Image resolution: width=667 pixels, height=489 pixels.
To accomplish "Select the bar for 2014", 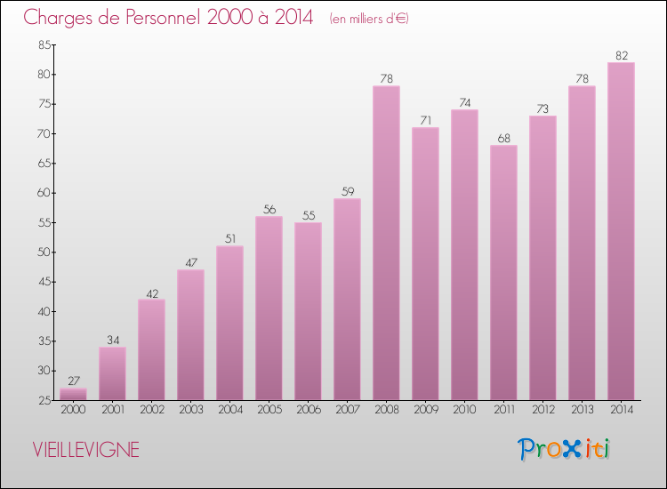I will (x=621, y=231).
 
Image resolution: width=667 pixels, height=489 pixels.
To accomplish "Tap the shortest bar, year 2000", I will (x=73, y=394).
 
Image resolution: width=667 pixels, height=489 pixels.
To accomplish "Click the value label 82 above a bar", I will (x=621, y=55).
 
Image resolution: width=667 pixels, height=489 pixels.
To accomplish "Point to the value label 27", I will (x=73, y=381).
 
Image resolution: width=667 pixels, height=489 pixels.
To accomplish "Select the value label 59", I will (x=347, y=191).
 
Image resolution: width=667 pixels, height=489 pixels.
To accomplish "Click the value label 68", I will (x=503, y=138).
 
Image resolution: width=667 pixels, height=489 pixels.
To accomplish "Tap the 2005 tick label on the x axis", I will (x=269, y=410).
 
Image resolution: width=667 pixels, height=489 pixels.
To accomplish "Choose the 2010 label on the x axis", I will (x=464, y=410).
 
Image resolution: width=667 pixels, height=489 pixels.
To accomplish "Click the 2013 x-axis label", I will (x=582, y=410).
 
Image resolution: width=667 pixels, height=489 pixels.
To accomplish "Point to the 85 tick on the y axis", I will (x=43, y=45).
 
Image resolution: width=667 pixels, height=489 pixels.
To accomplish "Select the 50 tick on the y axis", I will (x=43, y=253).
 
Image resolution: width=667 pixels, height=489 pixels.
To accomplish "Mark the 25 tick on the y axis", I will (x=43, y=401).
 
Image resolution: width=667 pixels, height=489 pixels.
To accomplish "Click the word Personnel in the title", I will (x=143, y=18).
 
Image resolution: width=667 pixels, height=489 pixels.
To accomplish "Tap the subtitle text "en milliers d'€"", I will (x=369, y=19).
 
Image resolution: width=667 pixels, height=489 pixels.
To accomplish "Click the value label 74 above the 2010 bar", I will (x=464, y=102).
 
